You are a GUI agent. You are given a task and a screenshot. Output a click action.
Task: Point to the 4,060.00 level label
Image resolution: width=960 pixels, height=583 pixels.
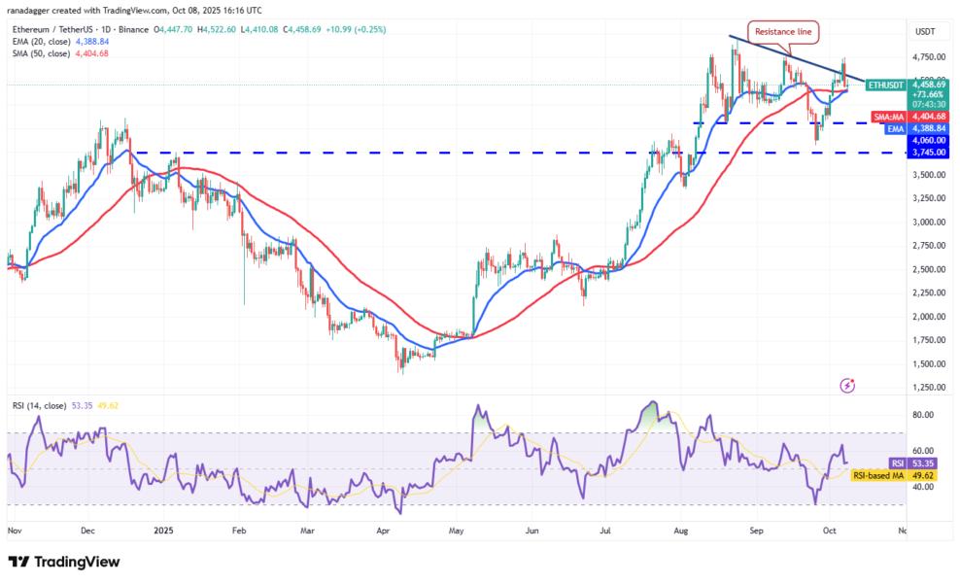point(926,140)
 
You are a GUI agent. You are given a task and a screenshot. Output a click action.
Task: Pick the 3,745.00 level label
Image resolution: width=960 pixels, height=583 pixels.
point(926,152)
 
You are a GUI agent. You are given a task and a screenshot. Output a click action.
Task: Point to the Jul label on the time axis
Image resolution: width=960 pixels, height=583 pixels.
point(605,531)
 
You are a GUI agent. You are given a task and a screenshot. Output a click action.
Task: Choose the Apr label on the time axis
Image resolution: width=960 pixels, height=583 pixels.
point(383,531)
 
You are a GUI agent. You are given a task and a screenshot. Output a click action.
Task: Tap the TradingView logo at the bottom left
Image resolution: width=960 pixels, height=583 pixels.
point(64,562)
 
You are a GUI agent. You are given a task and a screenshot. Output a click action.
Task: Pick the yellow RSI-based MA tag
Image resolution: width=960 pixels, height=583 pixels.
point(878,475)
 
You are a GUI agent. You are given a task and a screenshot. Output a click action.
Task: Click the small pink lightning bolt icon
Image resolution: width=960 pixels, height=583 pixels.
point(847,385)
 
